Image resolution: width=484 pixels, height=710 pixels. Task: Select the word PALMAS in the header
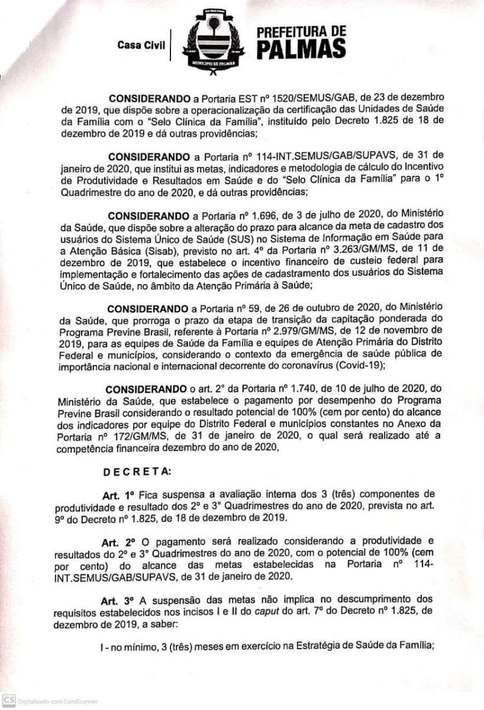[301, 49]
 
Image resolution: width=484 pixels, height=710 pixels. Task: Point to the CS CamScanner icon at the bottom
[8, 701]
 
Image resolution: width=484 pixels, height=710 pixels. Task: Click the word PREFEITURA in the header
[301, 32]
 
